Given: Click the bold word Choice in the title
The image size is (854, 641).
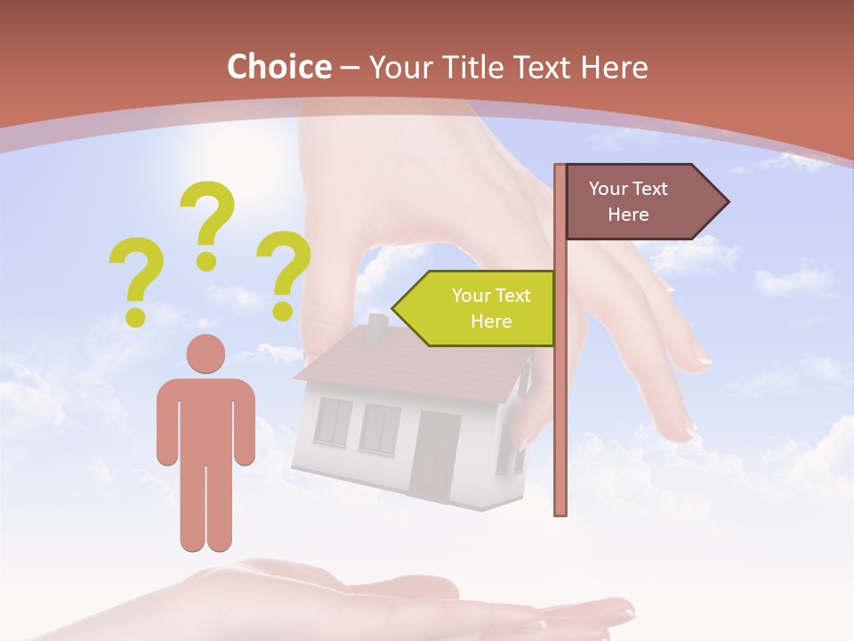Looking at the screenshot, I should tap(278, 68).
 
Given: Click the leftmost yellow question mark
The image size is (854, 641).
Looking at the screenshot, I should tap(135, 279).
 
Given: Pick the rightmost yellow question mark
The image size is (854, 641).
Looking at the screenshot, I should tap(284, 272).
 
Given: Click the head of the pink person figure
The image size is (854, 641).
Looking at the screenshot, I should tap(205, 354).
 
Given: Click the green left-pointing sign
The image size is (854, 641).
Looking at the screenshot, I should tap(480, 308).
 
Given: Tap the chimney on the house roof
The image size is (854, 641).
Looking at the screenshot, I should tap(377, 328).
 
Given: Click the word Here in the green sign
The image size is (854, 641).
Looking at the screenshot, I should tap(491, 321).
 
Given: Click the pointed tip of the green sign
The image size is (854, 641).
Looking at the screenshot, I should tap(394, 308).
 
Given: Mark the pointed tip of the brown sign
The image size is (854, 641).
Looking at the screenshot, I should tap(727, 202).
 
